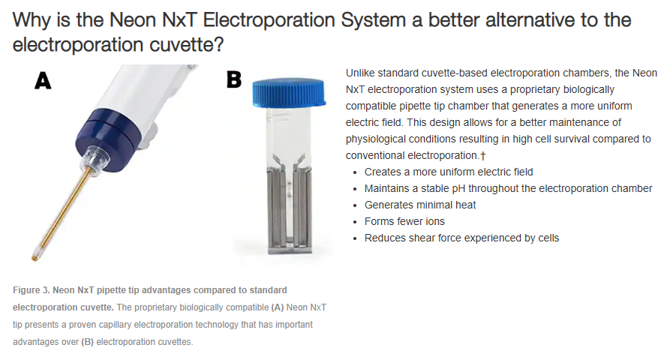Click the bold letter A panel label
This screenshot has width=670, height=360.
pyautogui.click(x=43, y=80)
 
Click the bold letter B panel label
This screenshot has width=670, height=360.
pyautogui.click(x=234, y=79)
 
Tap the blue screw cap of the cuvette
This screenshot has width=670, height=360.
pyautogui.click(x=289, y=91)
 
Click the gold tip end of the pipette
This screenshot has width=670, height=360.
pyautogui.click(x=35, y=257)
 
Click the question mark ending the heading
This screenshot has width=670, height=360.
pyautogui.click(x=218, y=44)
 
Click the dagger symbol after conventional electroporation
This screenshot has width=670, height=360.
pyautogui.click(x=483, y=156)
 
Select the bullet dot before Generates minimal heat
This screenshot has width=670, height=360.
pyautogui.click(x=355, y=205)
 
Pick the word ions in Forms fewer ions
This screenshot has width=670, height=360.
pyautogui.click(x=435, y=221)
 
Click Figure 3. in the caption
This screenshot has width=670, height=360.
pyautogui.click(x=32, y=290)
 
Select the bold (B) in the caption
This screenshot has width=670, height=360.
pyautogui.click(x=88, y=342)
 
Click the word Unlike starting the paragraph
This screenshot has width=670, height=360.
pyautogui.click(x=360, y=73)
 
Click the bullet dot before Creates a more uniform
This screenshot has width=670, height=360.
pyautogui.click(x=355, y=172)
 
